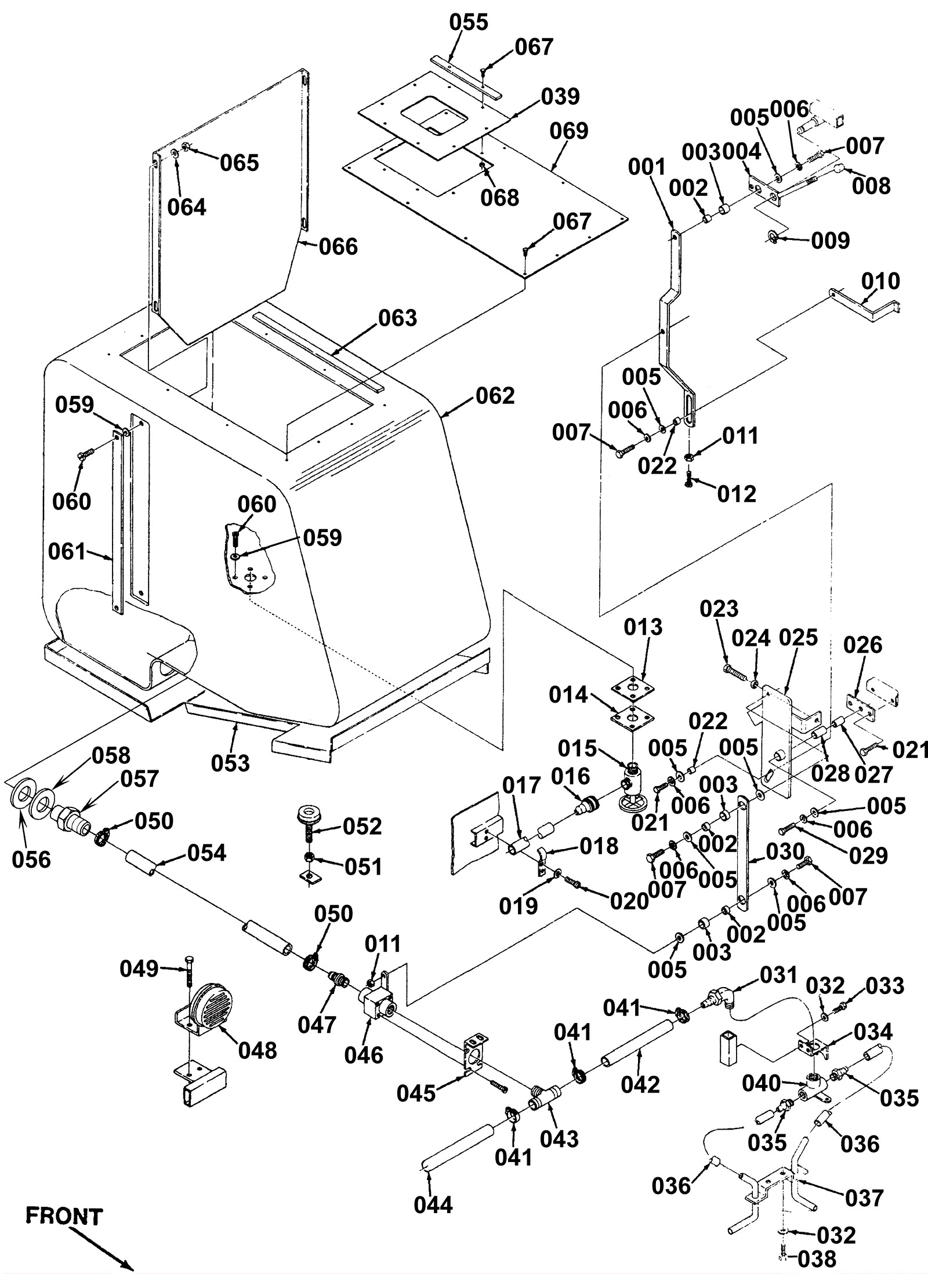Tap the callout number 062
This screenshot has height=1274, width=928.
click(495, 396)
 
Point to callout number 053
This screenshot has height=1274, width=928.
click(230, 763)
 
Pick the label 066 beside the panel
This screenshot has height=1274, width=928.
click(338, 247)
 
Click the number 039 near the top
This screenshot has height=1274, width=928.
click(560, 97)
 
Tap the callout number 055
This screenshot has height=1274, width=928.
click(469, 23)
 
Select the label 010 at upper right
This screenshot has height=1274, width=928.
click(880, 282)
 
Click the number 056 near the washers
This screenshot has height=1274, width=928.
click(31, 860)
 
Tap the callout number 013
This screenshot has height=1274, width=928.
click(643, 627)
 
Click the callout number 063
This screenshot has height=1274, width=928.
click(397, 318)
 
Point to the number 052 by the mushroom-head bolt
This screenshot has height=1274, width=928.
click(362, 827)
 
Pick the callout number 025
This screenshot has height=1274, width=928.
click(798, 638)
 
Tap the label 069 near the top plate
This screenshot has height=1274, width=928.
click(569, 132)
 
